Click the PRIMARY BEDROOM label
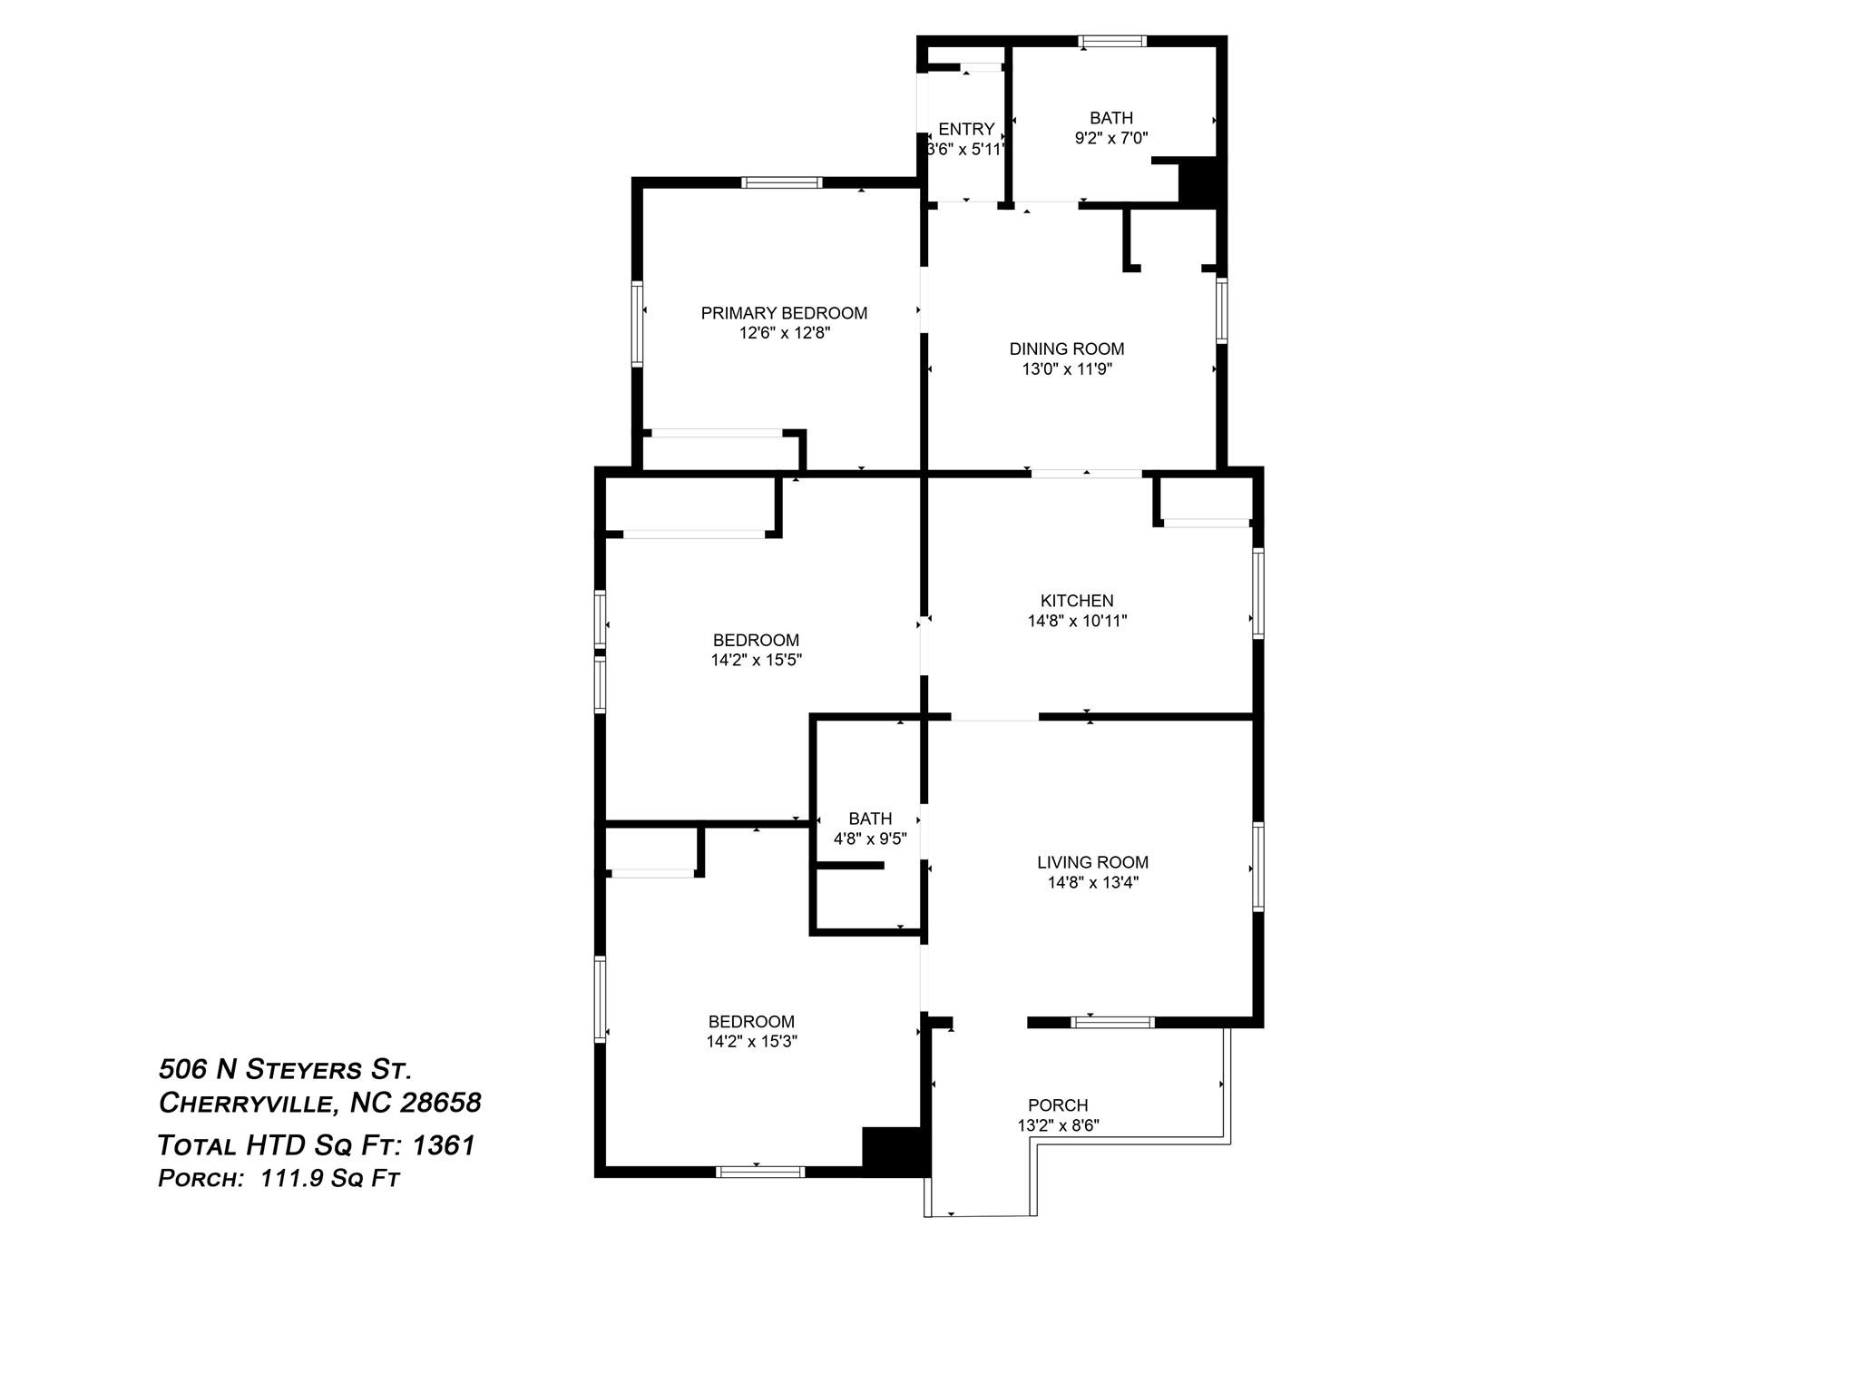(784, 313)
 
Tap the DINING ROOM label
(1067, 348)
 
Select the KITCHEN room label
(1077, 601)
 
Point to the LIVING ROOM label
(1092, 862)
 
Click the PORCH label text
(1058, 1105)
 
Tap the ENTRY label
(966, 129)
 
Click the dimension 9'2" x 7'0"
(1111, 138)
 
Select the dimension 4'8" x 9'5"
(870, 839)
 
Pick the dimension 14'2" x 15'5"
(756, 660)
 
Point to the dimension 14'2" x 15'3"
(751, 1041)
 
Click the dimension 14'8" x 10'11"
(1077, 621)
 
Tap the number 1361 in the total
(444, 1145)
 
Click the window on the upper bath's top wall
(1112, 41)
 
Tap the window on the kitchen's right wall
(1258, 593)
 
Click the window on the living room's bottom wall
(1112, 1022)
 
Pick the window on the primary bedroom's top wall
(782, 182)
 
